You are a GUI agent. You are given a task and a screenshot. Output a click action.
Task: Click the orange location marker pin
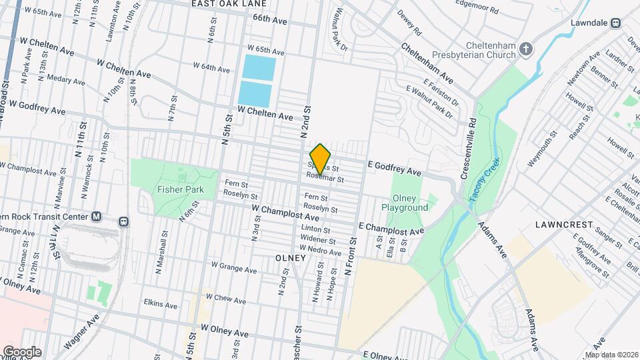click(321, 159)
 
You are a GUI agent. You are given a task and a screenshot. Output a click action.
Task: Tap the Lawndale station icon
click(616, 22)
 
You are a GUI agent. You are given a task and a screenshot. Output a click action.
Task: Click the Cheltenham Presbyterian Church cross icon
click(526, 49)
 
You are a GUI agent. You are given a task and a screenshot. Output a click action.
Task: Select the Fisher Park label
click(174, 189)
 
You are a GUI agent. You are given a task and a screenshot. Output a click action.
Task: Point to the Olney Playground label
click(409, 203)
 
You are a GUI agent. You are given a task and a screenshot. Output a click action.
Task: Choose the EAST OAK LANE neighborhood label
click(224, 4)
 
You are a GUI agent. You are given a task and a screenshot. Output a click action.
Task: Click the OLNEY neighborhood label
click(289, 257)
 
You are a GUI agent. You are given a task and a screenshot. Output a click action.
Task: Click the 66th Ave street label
click(269, 21)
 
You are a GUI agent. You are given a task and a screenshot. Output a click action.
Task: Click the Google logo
click(21, 351)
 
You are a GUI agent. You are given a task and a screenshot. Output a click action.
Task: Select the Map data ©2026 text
click(611, 355)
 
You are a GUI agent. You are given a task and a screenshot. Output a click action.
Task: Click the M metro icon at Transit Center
click(97, 217)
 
